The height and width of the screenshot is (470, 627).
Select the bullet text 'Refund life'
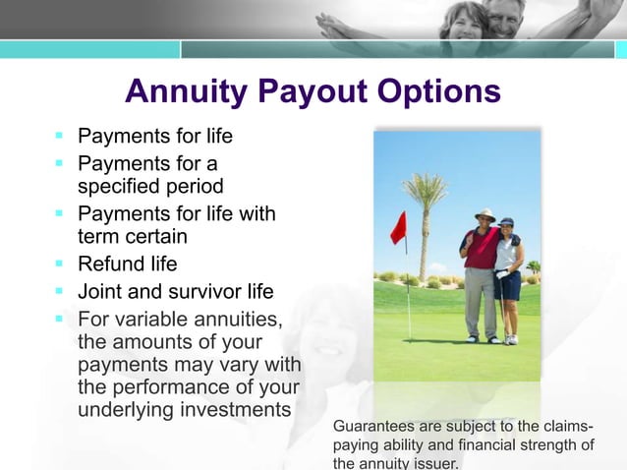(127, 264)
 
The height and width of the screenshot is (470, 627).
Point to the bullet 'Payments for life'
(154, 136)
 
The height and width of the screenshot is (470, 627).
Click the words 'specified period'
(150, 186)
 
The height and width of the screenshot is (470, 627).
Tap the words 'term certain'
(132, 236)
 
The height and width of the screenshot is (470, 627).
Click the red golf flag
(398, 228)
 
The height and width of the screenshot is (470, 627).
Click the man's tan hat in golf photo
(484, 213)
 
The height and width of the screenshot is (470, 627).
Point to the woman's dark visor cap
(506, 221)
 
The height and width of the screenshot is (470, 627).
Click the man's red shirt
(481, 249)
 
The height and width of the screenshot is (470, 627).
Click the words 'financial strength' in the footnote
(528, 445)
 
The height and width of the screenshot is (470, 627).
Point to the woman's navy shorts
(508, 284)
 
